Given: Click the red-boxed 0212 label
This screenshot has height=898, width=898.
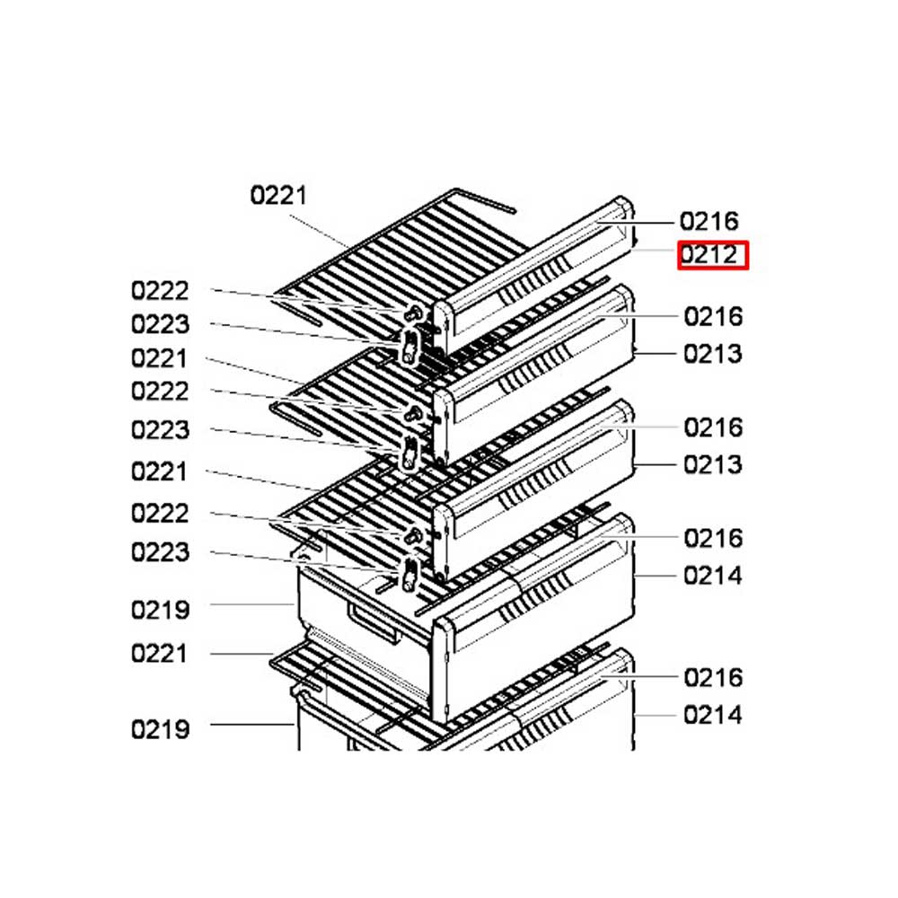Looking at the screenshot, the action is [709, 255].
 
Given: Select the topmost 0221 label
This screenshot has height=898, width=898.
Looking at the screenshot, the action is [278, 195].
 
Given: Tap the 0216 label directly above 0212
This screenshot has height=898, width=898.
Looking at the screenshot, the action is [709, 221].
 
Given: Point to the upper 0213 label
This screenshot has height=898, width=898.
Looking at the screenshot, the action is [713, 354].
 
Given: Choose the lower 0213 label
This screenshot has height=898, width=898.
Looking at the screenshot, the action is [713, 464].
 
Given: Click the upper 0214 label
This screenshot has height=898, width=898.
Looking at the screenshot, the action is [713, 576].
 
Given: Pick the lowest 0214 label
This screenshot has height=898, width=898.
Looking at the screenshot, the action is [713, 715].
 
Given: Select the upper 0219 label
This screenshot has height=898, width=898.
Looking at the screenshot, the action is [161, 610].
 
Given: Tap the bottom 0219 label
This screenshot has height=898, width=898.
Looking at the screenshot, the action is [161, 729].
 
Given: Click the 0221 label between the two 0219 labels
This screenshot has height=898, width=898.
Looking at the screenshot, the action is [159, 654].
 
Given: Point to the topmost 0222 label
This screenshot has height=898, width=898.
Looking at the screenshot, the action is [160, 291].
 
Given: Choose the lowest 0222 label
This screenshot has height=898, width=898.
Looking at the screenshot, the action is [160, 513].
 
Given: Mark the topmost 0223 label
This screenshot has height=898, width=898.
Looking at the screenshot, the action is [161, 324].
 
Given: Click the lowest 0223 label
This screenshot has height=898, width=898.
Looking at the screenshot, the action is [161, 552].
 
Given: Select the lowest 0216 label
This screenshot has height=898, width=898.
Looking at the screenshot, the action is [713, 677].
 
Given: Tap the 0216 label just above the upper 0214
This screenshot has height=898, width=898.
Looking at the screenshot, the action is [713, 538].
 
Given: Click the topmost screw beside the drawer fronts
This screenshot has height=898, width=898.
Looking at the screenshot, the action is [412, 313].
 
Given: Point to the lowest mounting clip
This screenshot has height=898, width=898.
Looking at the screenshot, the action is [409, 575].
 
